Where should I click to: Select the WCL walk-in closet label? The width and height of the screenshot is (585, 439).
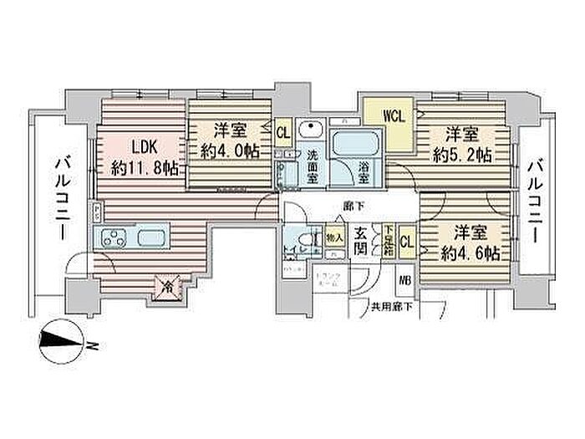pos(394,117)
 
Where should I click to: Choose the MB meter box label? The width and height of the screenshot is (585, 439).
pos(404,279)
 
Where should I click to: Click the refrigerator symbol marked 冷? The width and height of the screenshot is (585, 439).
pos(166,287)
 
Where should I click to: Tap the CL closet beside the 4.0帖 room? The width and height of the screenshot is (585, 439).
pos(283,131)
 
